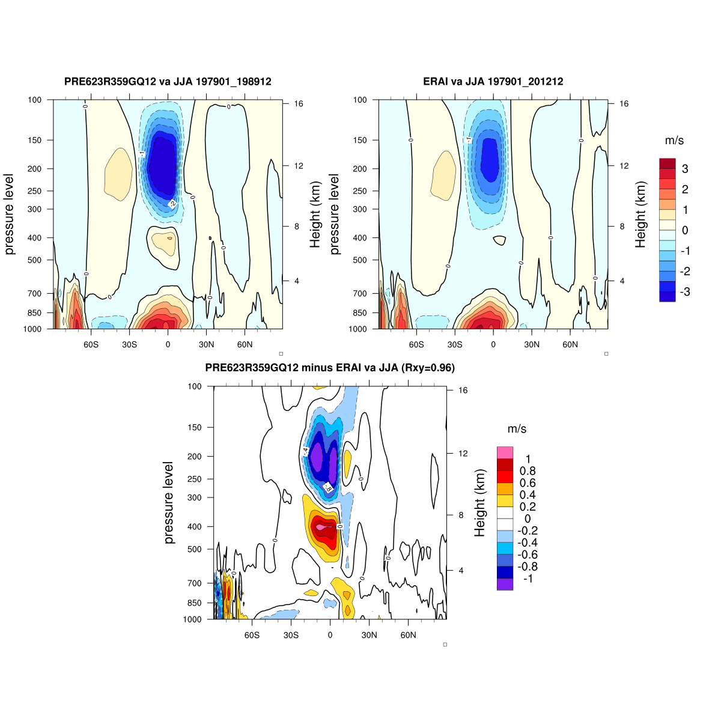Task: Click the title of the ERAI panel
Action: tap(493, 81)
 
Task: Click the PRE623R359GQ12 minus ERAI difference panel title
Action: tap(330, 368)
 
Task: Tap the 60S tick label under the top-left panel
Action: tap(91, 344)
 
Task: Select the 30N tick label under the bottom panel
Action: tap(369, 635)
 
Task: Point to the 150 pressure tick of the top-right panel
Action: tap(359, 140)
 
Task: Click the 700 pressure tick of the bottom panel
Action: tap(194, 583)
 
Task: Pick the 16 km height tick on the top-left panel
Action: tap(298, 104)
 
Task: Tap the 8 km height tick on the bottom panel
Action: tap(462, 515)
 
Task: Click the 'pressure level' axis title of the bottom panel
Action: tap(169, 503)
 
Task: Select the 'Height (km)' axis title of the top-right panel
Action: tap(640, 215)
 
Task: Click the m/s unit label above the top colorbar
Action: tap(674, 141)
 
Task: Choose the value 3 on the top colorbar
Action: tap(685, 169)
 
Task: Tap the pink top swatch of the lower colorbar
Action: tap(505, 452)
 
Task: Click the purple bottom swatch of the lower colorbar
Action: tap(505, 584)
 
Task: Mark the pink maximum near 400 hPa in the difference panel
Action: tap(322, 527)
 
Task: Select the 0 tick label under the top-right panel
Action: tap(493, 344)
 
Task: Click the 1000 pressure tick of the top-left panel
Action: tap(34, 329)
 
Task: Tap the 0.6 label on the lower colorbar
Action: tap(528, 482)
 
